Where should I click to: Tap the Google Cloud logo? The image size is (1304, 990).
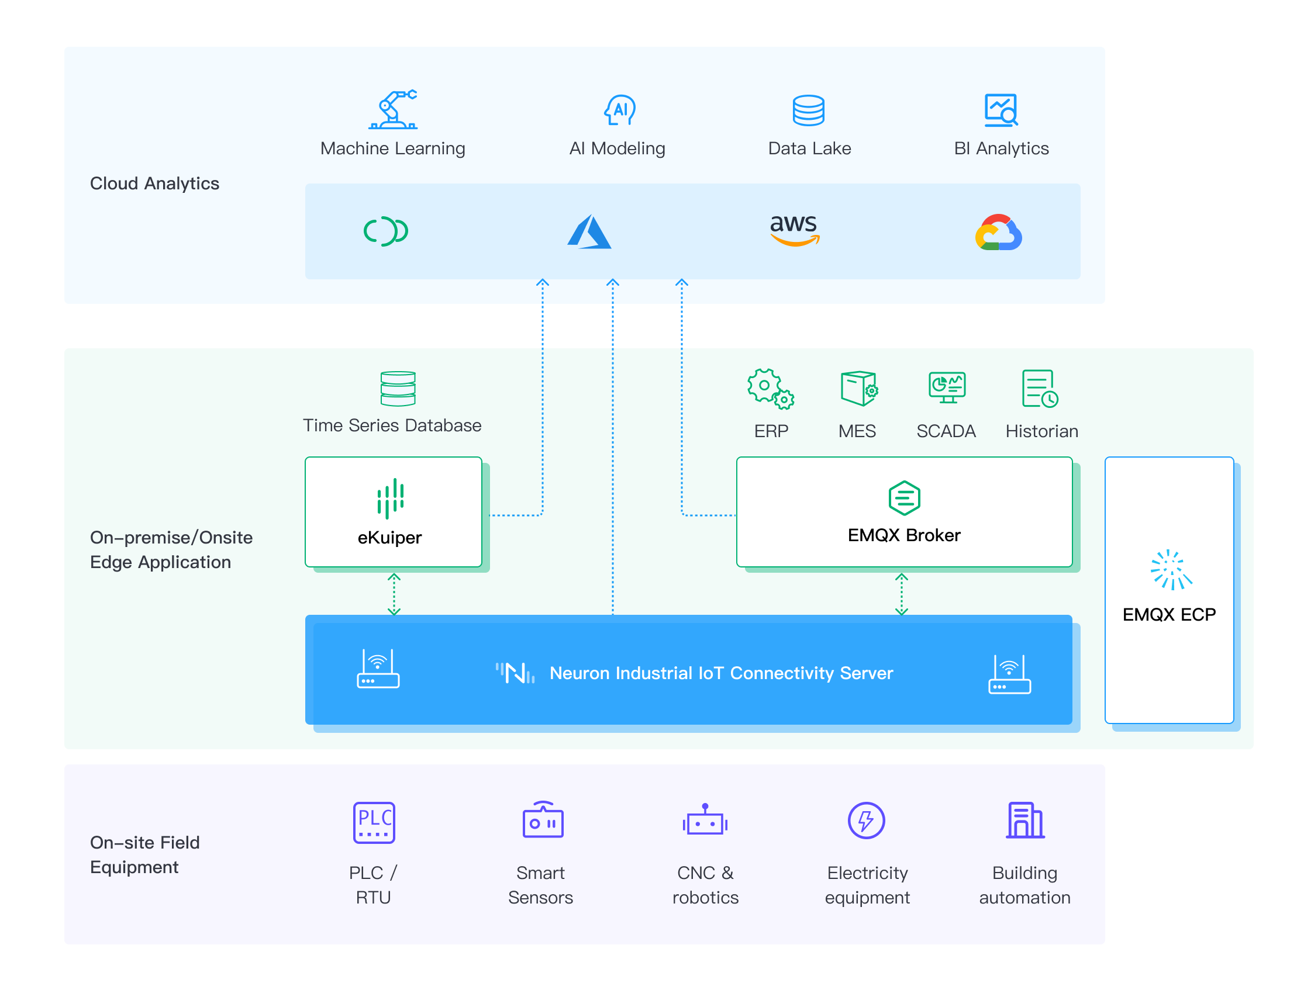click(x=999, y=232)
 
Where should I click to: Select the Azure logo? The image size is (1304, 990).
click(x=589, y=231)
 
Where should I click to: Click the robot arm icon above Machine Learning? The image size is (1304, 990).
click(x=392, y=110)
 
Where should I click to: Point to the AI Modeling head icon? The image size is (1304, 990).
click(x=620, y=110)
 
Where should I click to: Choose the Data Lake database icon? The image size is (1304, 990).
click(x=808, y=110)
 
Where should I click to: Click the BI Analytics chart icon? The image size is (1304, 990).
click(x=1001, y=110)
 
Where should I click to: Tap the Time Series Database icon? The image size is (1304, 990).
click(x=398, y=388)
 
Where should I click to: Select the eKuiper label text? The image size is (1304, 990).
click(x=389, y=538)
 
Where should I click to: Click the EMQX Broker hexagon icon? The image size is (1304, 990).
click(x=904, y=498)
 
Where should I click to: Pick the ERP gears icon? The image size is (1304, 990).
click(x=771, y=389)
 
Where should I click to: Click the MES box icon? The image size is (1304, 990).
click(x=859, y=388)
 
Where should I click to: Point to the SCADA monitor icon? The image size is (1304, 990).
click(x=947, y=387)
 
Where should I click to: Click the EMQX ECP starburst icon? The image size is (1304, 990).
click(x=1171, y=570)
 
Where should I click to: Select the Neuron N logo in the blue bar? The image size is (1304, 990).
click(x=515, y=673)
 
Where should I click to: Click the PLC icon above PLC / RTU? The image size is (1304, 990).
click(x=374, y=823)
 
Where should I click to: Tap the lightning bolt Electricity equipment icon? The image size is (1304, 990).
click(x=866, y=821)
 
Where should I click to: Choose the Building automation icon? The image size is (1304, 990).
click(x=1025, y=821)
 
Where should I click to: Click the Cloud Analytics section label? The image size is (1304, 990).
click(x=154, y=184)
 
